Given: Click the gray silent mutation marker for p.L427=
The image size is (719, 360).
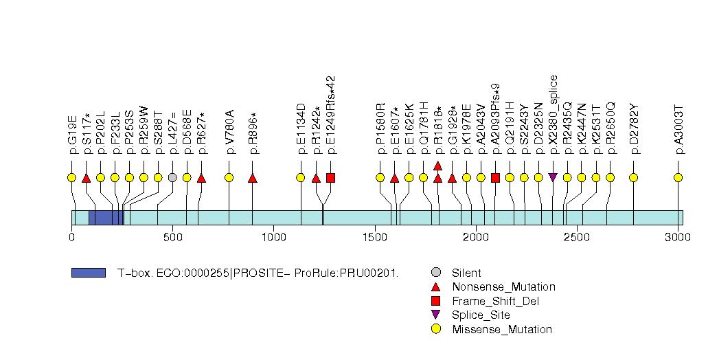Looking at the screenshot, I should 172,178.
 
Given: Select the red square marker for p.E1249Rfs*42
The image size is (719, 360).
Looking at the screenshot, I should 330,178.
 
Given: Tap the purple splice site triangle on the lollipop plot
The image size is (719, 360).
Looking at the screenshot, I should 553,178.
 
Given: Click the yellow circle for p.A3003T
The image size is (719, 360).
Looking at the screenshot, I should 678,178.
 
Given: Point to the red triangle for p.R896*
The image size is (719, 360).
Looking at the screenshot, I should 252,178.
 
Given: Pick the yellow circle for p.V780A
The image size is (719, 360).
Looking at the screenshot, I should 229,178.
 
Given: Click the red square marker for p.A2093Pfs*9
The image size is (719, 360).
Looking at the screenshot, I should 495,178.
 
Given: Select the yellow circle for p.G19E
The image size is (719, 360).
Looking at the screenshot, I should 71,178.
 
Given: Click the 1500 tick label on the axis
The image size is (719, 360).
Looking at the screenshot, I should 375,237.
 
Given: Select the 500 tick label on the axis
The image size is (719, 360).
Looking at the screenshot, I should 172,237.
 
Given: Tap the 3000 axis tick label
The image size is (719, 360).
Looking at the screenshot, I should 678,237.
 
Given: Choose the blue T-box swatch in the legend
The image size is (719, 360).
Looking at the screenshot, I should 88,273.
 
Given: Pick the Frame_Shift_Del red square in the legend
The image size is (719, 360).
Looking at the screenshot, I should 436,301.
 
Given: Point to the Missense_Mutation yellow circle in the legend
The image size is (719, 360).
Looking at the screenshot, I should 436,329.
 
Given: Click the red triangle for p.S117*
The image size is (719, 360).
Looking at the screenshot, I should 86,178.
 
